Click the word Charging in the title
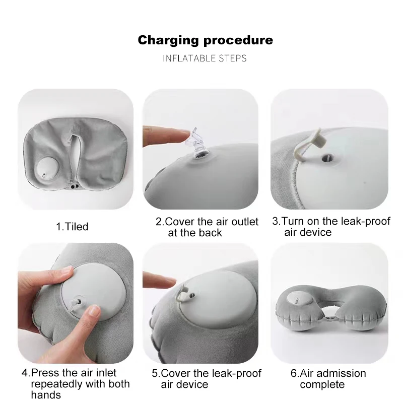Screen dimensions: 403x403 point(168,40)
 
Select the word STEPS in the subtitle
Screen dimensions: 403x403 point(232,58)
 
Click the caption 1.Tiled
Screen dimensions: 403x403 point(72,226)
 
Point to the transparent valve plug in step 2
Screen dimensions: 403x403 point(196,143)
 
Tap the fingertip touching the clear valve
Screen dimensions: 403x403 point(184,134)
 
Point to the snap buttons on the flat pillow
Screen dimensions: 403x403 point(75,186)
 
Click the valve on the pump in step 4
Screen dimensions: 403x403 point(78,302)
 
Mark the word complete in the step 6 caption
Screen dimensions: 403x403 point(322,385)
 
